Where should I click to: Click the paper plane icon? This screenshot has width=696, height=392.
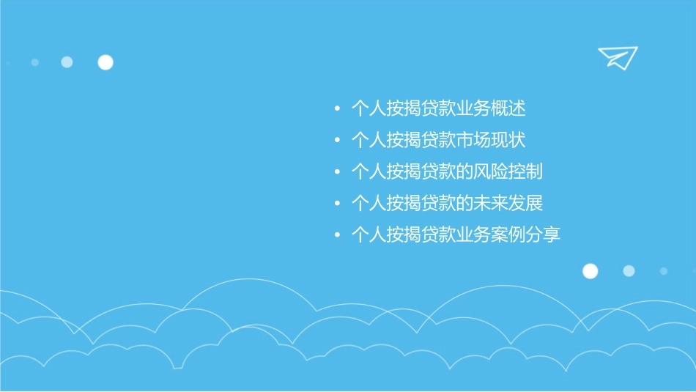click(618, 57)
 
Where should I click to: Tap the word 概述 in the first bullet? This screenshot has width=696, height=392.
click(508, 109)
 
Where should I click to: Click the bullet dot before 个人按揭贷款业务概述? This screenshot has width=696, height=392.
click(337, 110)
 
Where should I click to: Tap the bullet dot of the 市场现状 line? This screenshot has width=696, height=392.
click(337, 141)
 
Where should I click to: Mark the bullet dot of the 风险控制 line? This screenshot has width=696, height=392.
click(337, 172)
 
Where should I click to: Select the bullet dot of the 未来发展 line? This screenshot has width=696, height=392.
click(337, 204)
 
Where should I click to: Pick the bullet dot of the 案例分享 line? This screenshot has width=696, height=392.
click(337, 235)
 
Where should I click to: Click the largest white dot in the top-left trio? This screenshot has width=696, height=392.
click(105, 62)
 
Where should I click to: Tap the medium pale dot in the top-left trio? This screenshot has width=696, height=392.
click(67, 62)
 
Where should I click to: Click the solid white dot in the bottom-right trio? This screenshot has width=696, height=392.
click(590, 271)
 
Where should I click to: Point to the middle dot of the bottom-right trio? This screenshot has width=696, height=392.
click(629, 271)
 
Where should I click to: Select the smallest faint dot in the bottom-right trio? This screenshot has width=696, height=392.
click(663, 271)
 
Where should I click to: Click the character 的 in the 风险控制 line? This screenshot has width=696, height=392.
click(464, 172)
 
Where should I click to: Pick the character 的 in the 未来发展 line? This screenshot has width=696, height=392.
click(464, 203)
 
